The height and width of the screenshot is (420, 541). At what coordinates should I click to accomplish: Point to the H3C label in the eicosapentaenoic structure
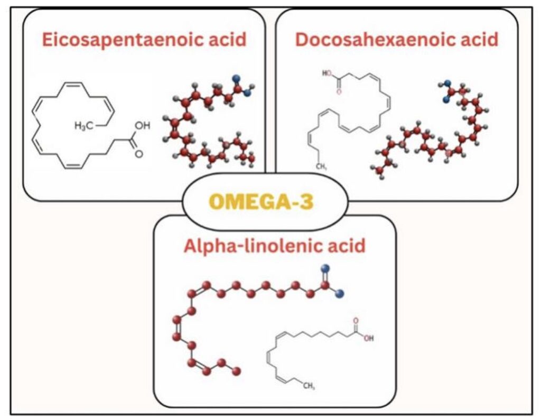tap(83, 126)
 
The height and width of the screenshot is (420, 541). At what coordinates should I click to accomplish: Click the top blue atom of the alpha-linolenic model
tap(325, 269)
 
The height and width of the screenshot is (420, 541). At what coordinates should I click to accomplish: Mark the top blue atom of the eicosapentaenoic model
tap(236, 78)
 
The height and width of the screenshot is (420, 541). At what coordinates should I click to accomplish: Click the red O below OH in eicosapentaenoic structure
tap(139, 154)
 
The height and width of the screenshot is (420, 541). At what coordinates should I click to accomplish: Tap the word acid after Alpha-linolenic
tap(346, 246)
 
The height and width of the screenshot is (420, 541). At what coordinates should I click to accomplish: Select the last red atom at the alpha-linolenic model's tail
tap(237, 371)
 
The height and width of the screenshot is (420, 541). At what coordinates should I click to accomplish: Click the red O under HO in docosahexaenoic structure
tap(339, 91)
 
